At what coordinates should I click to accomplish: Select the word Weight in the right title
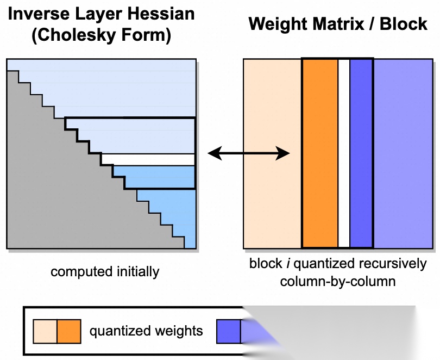coord(280,24)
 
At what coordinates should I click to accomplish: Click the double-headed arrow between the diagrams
coord(249,153)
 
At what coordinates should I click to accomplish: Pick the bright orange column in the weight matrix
coord(319,153)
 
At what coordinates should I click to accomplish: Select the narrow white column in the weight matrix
coord(343,153)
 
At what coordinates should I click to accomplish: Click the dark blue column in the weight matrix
coord(361,153)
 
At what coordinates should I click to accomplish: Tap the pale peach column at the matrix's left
coord(272,153)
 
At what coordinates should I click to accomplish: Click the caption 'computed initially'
coord(105,271)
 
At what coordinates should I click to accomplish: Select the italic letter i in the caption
coord(288,264)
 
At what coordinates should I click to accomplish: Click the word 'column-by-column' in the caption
coord(337,282)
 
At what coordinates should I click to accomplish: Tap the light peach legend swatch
coord(45,331)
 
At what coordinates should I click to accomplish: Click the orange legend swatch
coord(69,331)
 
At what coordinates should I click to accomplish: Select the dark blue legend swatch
coord(228,331)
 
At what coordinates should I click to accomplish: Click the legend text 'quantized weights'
coord(146,331)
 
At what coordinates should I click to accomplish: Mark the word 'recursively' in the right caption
coord(392,264)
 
